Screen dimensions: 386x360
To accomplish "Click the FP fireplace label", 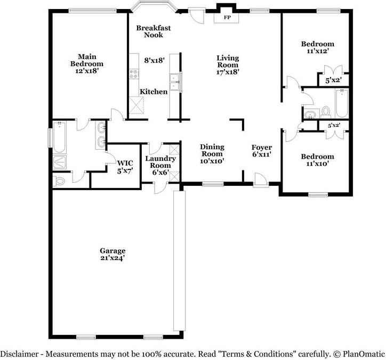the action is click(x=227, y=18).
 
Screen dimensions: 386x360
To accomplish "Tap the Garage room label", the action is click(x=112, y=251).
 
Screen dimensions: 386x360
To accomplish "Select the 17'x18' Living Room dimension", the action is click(x=228, y=72).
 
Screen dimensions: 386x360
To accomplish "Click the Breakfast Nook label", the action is click(x=154, y=31).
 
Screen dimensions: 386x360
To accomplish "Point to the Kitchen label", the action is click(x=154, y=92).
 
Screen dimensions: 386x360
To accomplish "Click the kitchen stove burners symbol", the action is click(x=134, y=74).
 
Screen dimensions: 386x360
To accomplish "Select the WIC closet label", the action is click(x=125, y=163).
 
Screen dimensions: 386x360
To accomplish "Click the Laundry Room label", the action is click(x=160, y=162).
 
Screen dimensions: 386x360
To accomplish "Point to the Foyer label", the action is click(x=262, y=148).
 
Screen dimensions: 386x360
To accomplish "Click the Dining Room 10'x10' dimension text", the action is click(x=212, y=161).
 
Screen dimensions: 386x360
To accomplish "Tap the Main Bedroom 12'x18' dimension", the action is click(x=87, y=71).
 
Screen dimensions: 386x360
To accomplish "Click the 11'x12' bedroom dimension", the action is click(x=318, y=51).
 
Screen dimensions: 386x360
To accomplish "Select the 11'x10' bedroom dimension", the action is click(x=318, y=163).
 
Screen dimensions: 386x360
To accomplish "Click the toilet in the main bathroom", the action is click(x=59, y=182).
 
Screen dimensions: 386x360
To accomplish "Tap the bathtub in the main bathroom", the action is click(x=59, y=137).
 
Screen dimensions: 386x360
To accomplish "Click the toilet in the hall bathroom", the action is click(x=326, y=112).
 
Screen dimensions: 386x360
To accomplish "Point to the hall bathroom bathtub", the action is click(x=341, y=103).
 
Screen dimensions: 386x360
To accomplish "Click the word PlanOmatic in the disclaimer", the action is click(x=364, y=354).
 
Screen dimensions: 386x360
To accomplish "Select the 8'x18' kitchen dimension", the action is click(x=155, y=60).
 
